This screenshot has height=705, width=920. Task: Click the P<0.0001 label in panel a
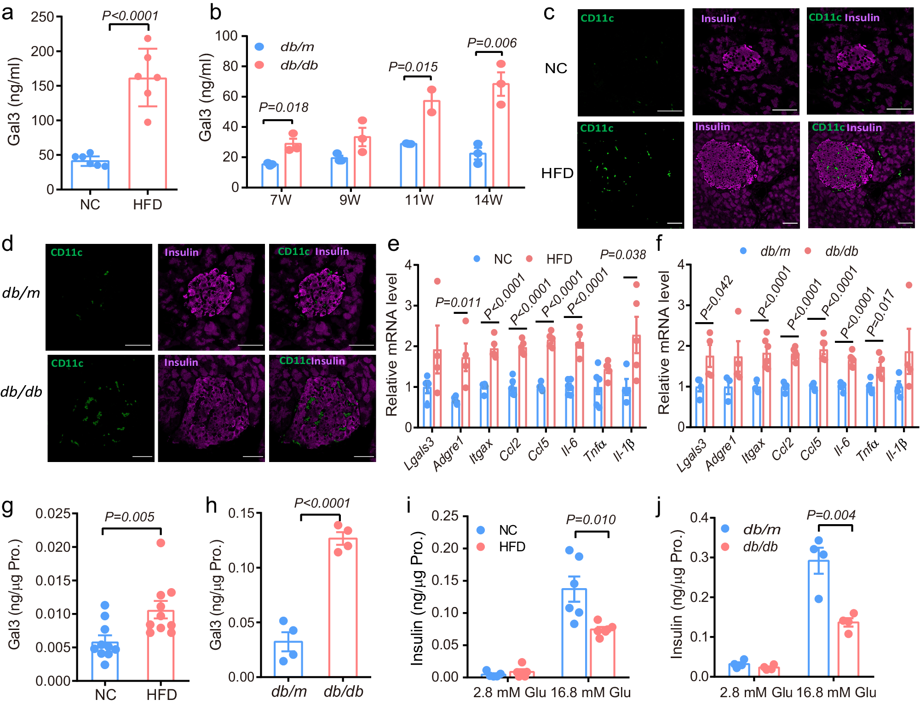pos(130,16)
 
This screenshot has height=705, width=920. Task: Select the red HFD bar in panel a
pos(148,133)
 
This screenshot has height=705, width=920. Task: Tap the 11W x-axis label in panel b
pos(419,200)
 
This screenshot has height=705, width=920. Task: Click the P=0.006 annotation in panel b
pos(492,43)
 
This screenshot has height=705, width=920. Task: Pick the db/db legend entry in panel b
pos(299,65)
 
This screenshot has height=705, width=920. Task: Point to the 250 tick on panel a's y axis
pos(43,17)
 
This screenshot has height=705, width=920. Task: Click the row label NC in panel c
pos(556,68)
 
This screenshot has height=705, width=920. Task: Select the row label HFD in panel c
pos(557,173)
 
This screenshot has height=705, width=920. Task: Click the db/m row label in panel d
pos(21,293)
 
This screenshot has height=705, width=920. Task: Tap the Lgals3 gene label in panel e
pos(419,454)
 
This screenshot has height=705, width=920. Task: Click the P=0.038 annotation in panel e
pos(623,254)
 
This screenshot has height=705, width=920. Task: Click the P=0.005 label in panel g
pos(130,517)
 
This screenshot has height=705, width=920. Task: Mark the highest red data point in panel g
pos(161,543)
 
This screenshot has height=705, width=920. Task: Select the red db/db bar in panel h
pos(343,607)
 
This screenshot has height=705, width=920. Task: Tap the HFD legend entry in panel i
pos(512,547)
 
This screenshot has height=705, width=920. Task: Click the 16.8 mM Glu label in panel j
pos(836,692)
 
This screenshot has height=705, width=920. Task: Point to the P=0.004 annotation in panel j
pos(831,515)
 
